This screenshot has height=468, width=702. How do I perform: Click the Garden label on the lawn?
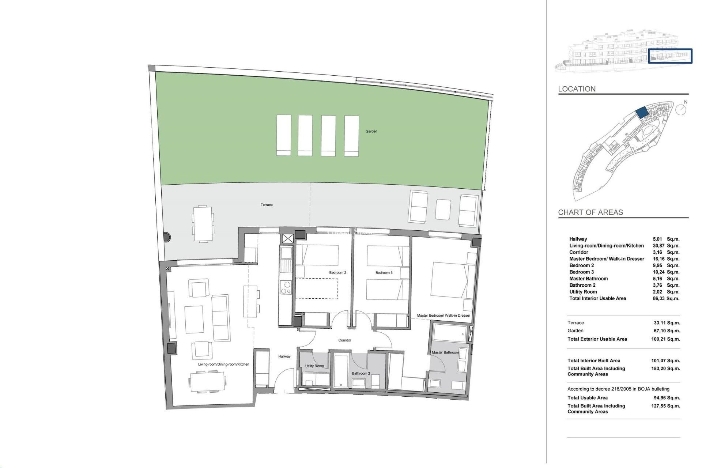point(371,131)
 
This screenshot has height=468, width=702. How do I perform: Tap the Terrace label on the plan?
point(267,205)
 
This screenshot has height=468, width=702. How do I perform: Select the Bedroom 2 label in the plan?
point(337,272)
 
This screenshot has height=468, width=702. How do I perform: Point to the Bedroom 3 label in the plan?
point(384,272)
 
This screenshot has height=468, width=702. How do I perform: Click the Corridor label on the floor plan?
point(344,340)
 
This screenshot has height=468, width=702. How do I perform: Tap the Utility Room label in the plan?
point(314,366)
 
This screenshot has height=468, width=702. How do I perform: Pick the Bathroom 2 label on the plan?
point(361,373)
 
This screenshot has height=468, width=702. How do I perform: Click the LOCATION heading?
point(577,89)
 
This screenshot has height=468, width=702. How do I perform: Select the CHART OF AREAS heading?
point(590,212)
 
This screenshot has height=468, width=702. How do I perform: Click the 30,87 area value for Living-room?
point(658,246)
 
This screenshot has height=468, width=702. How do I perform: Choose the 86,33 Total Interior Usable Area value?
point(658,298)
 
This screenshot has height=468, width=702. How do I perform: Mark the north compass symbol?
point(680,109)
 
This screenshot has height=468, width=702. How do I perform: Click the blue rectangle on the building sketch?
point(670,56)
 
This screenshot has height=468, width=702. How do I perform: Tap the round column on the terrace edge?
point(166,237)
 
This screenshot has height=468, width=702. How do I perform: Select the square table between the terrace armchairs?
point(443,210)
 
